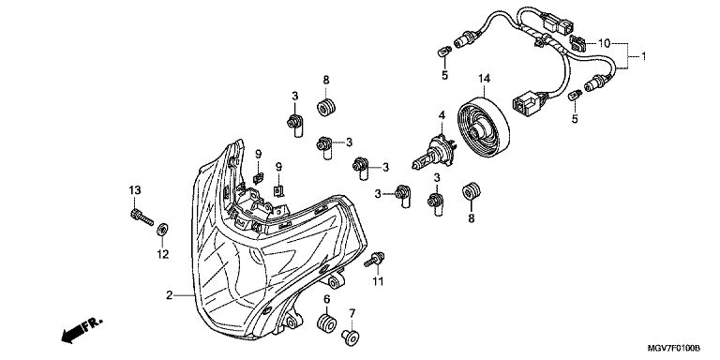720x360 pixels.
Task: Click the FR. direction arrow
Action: pyautogui.click(x=82, y=330)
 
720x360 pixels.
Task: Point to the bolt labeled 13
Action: pyautogui.click(x=142, y=217)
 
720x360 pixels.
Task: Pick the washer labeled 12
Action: pyautogui.click(x=161, y=229)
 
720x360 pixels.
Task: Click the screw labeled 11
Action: pyautogui.click(x=375, y=260)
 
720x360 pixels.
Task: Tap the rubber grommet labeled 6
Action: pyautogui.click(x=326, y=323)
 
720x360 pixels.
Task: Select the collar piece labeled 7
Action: pyautogui.click(x=351, y=337)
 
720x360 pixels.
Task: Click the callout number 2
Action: pyautogui.click(x=169, y=295)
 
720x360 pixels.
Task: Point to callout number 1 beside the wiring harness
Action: pyautogui.click(x=643, y=56)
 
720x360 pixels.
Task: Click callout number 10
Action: pyautogui.click(x=604, y=44)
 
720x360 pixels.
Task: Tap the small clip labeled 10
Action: pyautogui.click(x=578, y=43)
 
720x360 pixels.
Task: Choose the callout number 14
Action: pyautogui.click(x=484, y=79)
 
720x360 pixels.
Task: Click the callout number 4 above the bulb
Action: pyautogui.click(x=442, y=114)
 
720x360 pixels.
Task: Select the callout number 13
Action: pyautogui.click(x=135, y=190)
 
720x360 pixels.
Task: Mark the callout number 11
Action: pyautogui.click(x=378, y=281)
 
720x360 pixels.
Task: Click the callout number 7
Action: pyautogui.click(x=352, y=314)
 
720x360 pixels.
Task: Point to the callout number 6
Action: pyautogui.click(x=327, y=299)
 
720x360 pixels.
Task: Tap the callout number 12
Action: pyautogui.click(x=162, y=254)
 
